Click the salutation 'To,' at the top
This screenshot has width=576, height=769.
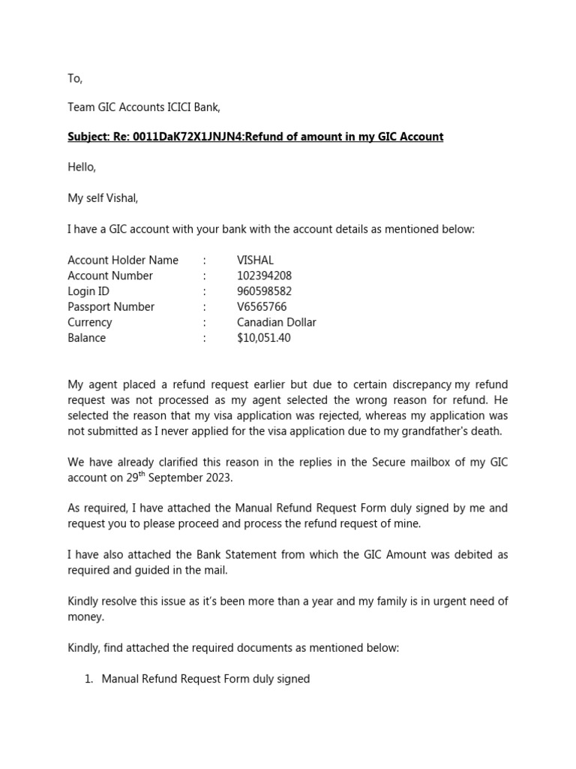[75, 79]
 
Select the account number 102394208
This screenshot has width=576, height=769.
[264, 276]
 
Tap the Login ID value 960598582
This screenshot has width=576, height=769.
[264, 291]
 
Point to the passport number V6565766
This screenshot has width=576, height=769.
[262, 307]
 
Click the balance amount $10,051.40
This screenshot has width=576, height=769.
[263, 338]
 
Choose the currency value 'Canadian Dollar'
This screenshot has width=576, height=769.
[276, 322]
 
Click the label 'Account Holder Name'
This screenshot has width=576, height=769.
[123, 261]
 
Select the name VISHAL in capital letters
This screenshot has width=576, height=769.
[255, 261]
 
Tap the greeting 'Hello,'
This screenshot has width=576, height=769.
[82, 167]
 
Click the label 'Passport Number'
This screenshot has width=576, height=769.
[111, 307]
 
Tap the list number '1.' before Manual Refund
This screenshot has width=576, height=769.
[88, 679]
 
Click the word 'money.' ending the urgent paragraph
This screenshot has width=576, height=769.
[86, 617]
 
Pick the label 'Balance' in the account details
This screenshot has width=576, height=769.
[87, 338]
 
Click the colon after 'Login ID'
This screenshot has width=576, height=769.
[204, 291]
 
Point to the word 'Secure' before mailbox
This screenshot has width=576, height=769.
[389, 463]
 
